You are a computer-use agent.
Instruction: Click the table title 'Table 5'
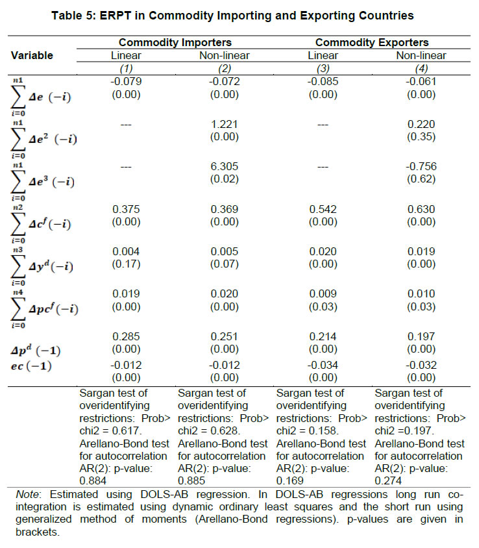pyautogui.click(x=239, y=14)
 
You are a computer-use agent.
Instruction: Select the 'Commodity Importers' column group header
pyautogui.click(x=175, y=42)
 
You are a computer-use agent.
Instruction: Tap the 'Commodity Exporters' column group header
pyautogui.click(x=372, y=42)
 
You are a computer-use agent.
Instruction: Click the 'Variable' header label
pyautogui.click(x=32, y=55)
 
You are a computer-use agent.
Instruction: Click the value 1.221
pyautogui.click(x=224, y=123)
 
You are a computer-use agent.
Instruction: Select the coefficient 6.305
pyautogui.click(x=224, y=166)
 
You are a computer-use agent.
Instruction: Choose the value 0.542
pyautogui.click(x=323, y=209)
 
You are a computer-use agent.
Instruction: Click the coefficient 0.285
pyautogui.click(x=127, y=337)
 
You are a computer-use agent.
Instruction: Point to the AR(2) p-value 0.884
pyautogui.click(x=92, y=480)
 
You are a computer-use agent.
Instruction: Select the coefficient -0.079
pyautogui.click(x=127, y=81)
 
